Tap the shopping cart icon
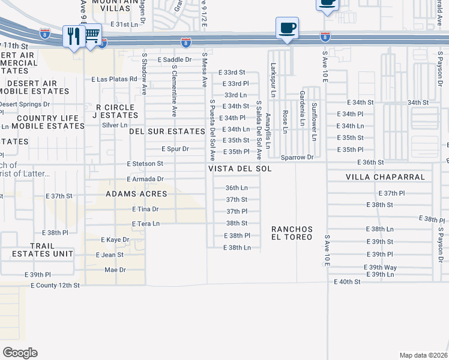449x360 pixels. click(92, 37)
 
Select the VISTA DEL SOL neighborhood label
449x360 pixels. click(240, 169)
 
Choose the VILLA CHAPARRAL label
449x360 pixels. click(385, 178)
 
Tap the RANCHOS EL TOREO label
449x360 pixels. click(292, 233)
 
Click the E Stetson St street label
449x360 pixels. click(145, 163)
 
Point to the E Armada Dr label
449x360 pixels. click(145, 179)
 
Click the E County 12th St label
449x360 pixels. click(55, 286)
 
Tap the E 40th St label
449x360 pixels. click(348, 281)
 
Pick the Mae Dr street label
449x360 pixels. click(115, 270)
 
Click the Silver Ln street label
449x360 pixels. click(115, 125)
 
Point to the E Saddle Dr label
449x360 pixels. click(175, 59)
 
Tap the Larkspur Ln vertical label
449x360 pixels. click(273, 81)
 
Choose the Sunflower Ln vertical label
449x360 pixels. click(314, 122)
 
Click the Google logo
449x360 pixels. click(20, 352)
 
